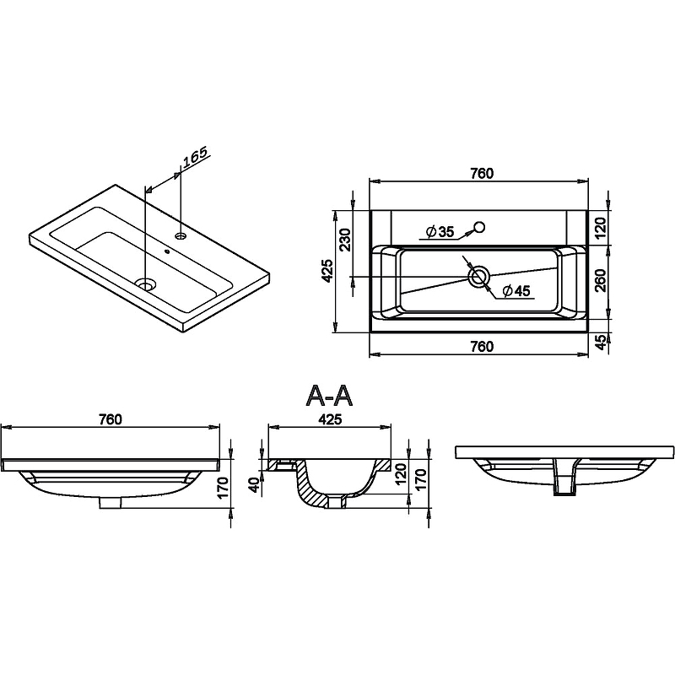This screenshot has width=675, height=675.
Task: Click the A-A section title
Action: (x=329, y=396)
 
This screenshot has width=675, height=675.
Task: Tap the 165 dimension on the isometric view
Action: (x=195, y=157)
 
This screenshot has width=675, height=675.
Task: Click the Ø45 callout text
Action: (x=516, y=291)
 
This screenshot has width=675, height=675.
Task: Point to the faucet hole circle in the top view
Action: (x=479, y=226)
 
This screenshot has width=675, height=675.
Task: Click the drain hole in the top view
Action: (x=478, y=276)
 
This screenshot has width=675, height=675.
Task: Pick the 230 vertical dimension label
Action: (x=346, y=240)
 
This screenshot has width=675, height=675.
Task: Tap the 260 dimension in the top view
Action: (x=601, y=280)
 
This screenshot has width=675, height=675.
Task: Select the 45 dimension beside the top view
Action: (x=601, y=342)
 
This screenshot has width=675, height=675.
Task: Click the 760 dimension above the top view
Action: (x=481, y=173)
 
